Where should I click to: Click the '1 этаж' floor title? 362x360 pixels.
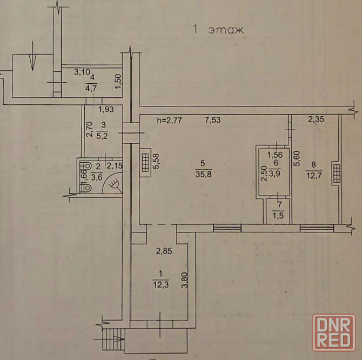(218, 30)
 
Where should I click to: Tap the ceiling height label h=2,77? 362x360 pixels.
(169, 121)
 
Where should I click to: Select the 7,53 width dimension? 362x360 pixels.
(212, 120)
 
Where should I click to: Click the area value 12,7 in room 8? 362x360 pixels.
(314, 176)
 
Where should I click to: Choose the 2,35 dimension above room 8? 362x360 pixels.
(316, 119)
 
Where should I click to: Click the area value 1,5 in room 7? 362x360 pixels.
(278, 216)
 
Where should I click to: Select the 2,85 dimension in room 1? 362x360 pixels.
(164, 251)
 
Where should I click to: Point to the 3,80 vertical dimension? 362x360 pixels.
(185, 280)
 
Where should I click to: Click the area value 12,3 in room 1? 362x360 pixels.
(161, 284)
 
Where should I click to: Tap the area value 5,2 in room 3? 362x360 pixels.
(102, 136)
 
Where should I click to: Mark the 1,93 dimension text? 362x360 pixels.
(106, 109)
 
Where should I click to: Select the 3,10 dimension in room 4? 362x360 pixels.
(82, 72)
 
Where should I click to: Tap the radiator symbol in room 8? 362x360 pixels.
(337, 173)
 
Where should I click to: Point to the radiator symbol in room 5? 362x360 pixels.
(145, 163)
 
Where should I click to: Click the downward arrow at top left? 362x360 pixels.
(33, 56)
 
